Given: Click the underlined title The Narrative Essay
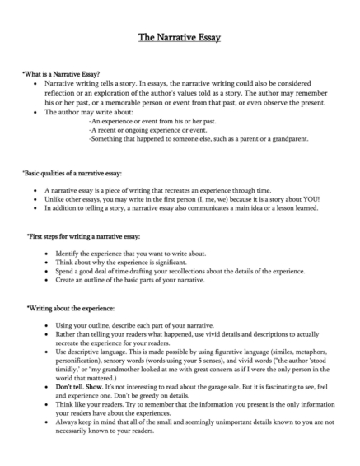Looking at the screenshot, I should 179,38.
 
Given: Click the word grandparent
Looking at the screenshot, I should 289,139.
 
